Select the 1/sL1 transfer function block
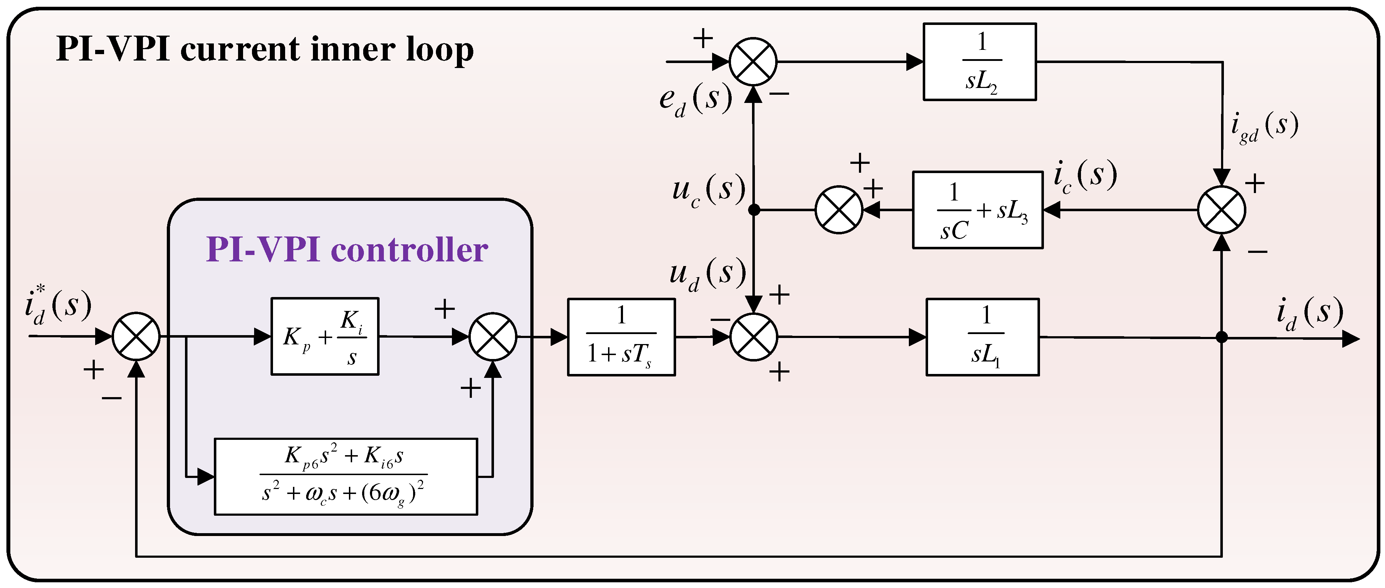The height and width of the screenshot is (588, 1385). (982, 337)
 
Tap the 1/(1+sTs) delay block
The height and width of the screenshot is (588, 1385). (621, 337)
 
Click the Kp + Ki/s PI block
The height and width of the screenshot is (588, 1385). (325, 337)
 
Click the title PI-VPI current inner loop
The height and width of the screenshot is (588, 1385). (264, 50)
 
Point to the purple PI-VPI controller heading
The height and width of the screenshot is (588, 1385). (347, 250)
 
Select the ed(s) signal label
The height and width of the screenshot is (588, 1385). (696, 99)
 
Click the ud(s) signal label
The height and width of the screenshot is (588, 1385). (707, 274)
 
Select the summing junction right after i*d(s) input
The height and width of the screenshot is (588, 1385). (136, 337)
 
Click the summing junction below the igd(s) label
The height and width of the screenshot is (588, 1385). (1221, 210)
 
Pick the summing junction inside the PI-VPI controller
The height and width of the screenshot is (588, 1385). (493, 337)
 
